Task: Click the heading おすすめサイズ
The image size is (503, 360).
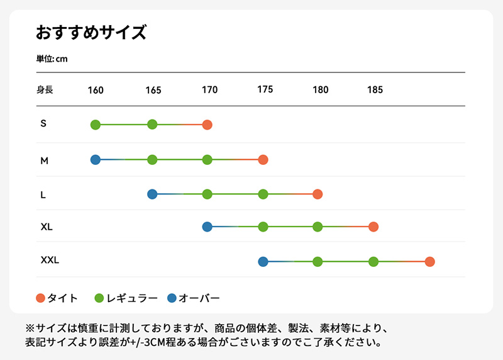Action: tap(91, 32)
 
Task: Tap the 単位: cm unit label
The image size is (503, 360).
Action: tap(52, 59)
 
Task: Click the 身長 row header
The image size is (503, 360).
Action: tap(45, 90)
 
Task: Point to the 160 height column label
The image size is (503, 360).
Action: tap(96, 90)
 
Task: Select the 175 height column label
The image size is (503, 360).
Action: tap(265, 89)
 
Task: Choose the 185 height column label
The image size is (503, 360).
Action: tap(375, 89)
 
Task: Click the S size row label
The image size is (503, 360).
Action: tap(43, 123)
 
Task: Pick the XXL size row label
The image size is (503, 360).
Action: tap(50, 260)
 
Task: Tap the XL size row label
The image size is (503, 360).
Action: tap(47, 227)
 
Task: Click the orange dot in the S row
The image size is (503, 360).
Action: tap(207, 125)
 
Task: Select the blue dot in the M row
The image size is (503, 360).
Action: tap(96, 160)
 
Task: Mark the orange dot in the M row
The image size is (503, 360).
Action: tap(263, 160)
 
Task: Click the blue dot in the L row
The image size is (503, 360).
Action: tap(152, 194)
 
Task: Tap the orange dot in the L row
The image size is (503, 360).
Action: tap(318, 194)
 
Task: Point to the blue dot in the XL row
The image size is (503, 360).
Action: tap(207, 227)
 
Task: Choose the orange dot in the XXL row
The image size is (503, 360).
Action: tap(429, 262)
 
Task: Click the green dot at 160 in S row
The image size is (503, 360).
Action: tap(96, 125)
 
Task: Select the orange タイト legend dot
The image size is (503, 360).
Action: tap(41, 298)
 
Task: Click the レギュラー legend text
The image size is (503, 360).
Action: tap(133, 298)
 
